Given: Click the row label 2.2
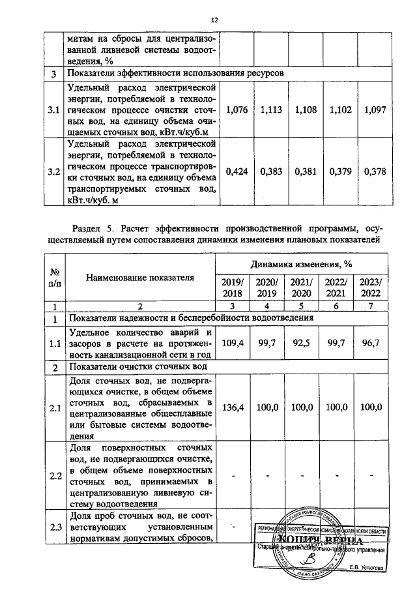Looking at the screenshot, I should pyautogui.click(x=55, y=475).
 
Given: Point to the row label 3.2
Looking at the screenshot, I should pyautogui.click(x=55, y=172).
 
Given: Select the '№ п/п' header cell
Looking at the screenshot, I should pyautogui.click(x=55, y=278).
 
